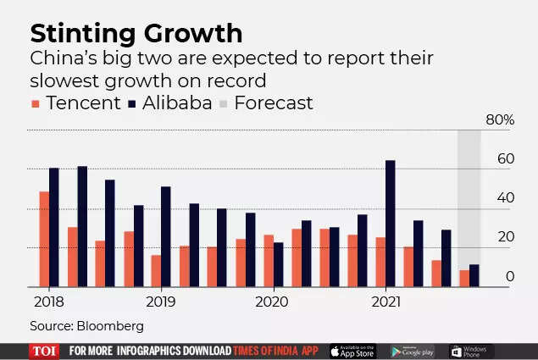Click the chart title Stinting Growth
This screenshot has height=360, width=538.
pyautogui.click(x=136, y=34)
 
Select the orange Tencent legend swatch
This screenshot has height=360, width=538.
pyautogui.click(x=36, y=104)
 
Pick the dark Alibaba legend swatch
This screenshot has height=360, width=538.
pyautogui.click(x=132, y=104)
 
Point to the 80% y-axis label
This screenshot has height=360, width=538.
pyautogui.click(x=499, y=120)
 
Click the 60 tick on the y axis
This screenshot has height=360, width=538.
pyautogui.click(x=506, y=159)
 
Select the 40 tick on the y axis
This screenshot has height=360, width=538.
pyautogui.click(x=506, y=198)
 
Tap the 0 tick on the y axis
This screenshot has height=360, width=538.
pyautogui.click(x=510, y=276)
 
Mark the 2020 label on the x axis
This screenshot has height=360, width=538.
pyautogui.click(x=271, y=301)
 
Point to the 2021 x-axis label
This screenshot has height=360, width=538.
pyautogui.click(x=386, y=301)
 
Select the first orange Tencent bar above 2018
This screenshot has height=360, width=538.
pyautogui.click(x=44, y=240)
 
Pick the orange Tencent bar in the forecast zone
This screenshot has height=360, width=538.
pyautogui.click(x=463, y=279)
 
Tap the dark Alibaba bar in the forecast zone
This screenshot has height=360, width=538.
pyautogui.click(x=474, y=276)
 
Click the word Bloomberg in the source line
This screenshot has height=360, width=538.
pyautogui.click(x=111, y=325)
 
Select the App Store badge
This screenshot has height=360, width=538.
pyautogui.click(x=352, y=351)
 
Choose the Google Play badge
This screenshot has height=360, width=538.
pyautogui.click(x=413, y=351)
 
